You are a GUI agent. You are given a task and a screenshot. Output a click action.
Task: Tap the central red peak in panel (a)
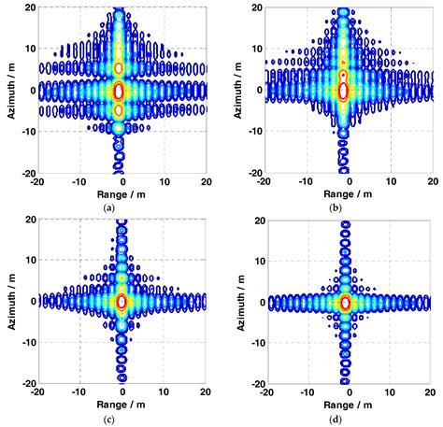point(119,91)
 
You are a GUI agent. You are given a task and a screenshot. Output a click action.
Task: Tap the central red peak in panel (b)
point(343,91)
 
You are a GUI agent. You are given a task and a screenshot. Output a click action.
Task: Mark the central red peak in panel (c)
point(120,301)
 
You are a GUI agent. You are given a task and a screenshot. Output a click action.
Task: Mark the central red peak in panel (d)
point(344,302)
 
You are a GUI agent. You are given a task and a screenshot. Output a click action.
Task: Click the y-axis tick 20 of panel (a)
point(27,7)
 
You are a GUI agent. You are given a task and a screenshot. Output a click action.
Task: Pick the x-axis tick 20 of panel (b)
point(431,182)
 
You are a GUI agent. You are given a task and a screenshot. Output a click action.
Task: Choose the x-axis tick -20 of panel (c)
point(33,391)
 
